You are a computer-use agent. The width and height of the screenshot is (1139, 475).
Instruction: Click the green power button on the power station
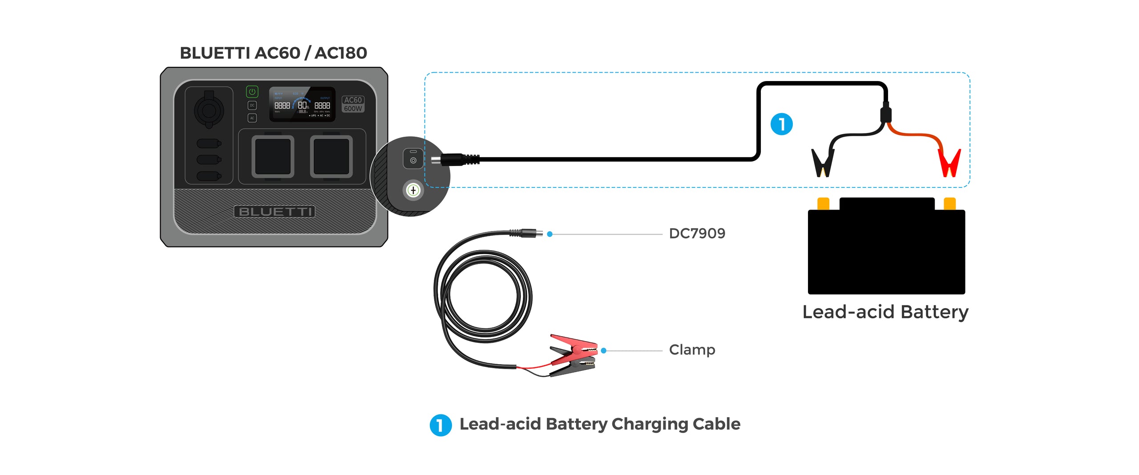coord(252,92)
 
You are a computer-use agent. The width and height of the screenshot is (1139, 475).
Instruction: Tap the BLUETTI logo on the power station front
coord(274,211)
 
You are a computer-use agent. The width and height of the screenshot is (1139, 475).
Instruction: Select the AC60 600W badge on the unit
coord(353,104)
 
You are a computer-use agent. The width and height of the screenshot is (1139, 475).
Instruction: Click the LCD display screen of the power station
coord(302,105)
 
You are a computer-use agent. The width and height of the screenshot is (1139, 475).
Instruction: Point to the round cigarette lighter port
coord(209,110)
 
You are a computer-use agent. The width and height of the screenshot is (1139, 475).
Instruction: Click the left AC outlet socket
coord(273,157)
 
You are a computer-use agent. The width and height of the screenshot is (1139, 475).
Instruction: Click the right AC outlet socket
coord(331,157)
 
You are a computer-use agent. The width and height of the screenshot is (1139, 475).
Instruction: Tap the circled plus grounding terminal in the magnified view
coord(413,191)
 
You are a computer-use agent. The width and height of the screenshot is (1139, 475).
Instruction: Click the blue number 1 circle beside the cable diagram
coord(781,124)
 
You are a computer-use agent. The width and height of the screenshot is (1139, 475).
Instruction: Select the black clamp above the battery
coord(823,162)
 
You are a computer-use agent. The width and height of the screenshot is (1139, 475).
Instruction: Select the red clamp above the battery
coord(949,163)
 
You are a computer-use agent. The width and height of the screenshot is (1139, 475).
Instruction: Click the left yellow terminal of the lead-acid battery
coord(823,203)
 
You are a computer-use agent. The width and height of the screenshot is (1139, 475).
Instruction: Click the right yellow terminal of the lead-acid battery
coord(949,203)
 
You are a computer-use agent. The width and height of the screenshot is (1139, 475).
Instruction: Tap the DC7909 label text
coord(697,233)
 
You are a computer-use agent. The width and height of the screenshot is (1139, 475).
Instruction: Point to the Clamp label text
coord(692,350)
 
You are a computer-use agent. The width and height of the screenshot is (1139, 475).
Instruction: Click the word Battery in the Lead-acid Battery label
coord(934,312)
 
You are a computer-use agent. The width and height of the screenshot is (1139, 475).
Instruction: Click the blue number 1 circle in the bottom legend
coord(440,425)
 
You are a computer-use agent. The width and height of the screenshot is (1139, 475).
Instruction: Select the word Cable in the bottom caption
coord(716,424)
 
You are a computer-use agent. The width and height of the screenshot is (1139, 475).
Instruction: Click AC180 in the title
coord(341,53)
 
